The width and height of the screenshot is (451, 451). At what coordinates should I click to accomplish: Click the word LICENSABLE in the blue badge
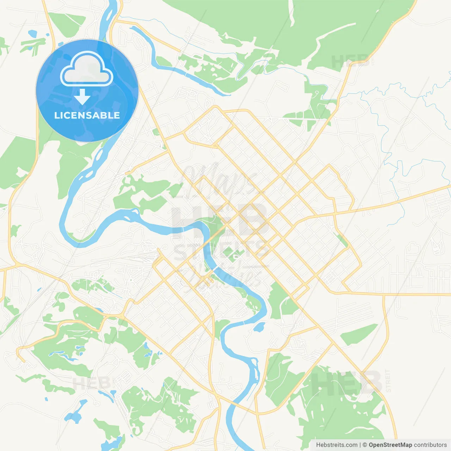point(87,116)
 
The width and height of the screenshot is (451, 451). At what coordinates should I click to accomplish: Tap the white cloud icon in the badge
point(87,70)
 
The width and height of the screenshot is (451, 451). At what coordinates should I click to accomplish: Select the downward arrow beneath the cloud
point(82,97)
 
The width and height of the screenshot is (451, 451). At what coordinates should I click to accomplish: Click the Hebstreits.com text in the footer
point(336,445)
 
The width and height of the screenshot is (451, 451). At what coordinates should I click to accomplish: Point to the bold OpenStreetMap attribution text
point(390,445)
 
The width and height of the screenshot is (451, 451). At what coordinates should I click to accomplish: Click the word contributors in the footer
point(430,445)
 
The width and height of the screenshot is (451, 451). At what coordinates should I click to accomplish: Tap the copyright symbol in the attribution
point(365,445)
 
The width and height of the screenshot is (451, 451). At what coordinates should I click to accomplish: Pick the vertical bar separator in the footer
point(360,445)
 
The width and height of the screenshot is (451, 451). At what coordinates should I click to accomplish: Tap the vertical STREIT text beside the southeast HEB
point(388,381)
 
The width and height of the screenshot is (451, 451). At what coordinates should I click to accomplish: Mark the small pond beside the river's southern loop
point(259,327)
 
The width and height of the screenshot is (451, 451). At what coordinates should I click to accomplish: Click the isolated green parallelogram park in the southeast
point(358,334)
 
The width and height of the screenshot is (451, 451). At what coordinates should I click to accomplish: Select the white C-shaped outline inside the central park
point(235,256)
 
